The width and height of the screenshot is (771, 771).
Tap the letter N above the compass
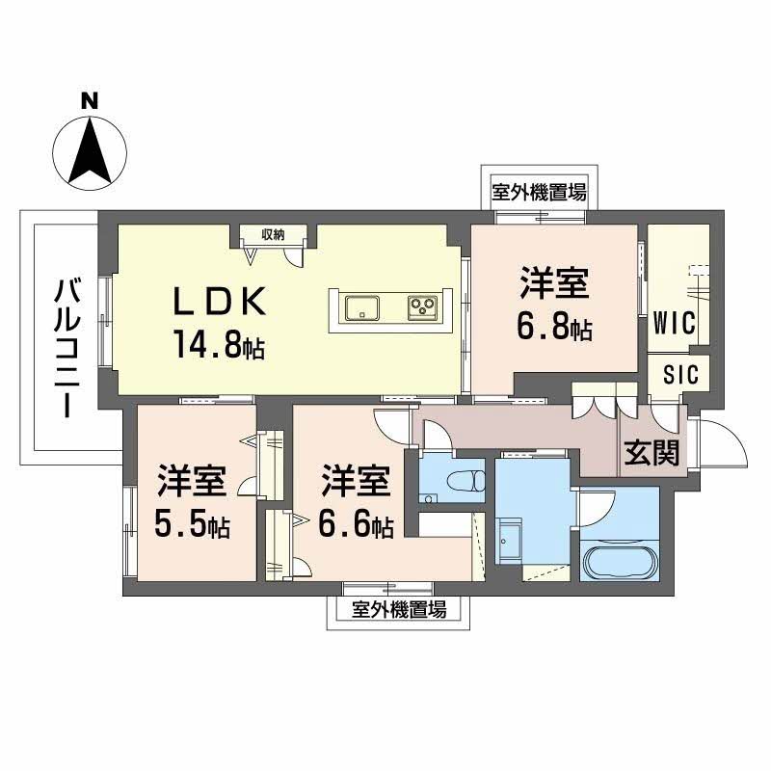point(90,100)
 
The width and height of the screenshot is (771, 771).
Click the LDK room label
point(218,302)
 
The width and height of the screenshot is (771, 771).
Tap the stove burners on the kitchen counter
point(421,308)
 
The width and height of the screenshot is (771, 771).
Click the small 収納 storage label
point(274,234)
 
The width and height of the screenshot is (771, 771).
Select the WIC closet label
point(675,323)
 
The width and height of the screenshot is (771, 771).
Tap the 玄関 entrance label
point(652,453)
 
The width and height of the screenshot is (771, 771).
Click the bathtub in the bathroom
point(618,560)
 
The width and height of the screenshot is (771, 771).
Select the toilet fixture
point(465,478)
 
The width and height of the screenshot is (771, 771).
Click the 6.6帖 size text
point(356,527)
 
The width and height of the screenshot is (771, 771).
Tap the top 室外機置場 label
point(539,192)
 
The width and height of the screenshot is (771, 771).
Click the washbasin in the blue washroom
point(510,543)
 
